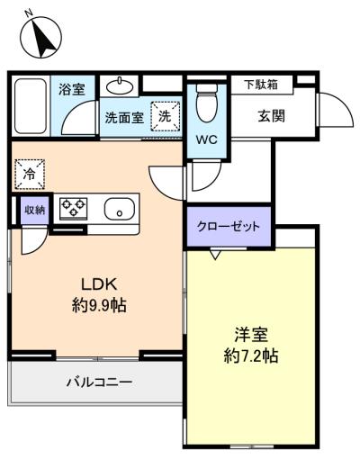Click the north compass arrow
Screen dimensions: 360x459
tap(44, 38)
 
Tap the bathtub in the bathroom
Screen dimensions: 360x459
tap(31, 106)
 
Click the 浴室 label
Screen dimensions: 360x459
tap(72, 89)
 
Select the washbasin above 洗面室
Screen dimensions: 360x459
tap(120, 86)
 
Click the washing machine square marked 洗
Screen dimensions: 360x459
tap(165, 116)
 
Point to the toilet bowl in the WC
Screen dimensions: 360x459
tap(207, 103)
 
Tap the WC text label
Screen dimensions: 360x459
tap(206, 139)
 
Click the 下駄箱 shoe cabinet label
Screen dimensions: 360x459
tap(261, 85)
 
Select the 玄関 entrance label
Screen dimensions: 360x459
tap(271, 116)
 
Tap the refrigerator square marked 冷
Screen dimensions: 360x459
tap(30, 175)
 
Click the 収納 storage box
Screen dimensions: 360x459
tap(35, 210)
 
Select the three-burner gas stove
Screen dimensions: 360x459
tap(74, 208)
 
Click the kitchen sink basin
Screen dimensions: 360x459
tap(120, 209)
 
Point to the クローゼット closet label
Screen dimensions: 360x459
tap(228, 226)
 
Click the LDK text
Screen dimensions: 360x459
tap(99, 284)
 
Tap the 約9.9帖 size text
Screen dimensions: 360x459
tap(99, 306)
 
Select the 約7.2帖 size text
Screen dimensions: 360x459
tap(251, 356)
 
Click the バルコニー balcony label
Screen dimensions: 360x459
tap(99, 382)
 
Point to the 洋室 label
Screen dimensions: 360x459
tap(251, 335)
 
